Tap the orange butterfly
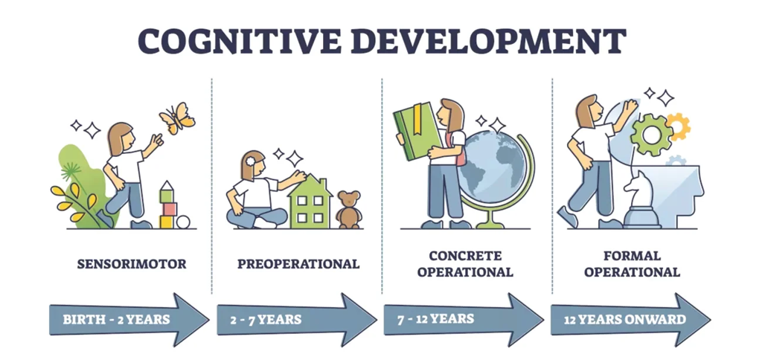point(177,118)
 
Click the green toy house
point(310,201)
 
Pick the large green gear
point(651,135)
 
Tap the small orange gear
point(679,125)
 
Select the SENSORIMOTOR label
point(132,264)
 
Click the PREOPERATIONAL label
point(298,264)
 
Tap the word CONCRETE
point(465,256)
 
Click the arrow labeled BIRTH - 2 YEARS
point(129,320)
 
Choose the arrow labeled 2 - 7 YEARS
point(297,320)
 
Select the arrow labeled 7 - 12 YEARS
point(464,320)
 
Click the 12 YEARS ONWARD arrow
point(631,320)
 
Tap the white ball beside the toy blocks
point(183,222)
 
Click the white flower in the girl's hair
point(250,161)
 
